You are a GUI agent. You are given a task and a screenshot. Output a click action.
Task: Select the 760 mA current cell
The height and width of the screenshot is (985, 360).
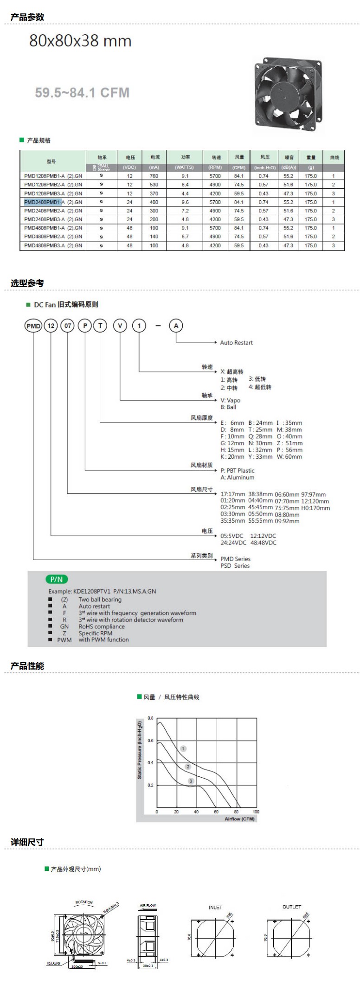[154, 176]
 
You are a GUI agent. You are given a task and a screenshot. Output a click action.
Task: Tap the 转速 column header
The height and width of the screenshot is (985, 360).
[216, 158]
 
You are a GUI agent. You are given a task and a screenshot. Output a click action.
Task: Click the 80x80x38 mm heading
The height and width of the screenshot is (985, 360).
[80, 41]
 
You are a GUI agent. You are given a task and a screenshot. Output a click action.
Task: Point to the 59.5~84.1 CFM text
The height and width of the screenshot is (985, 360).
[82, 93]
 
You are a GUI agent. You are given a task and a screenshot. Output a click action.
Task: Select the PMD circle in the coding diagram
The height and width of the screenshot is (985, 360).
[33, 326]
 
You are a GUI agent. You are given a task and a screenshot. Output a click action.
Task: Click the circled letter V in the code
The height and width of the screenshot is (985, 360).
[120, 326]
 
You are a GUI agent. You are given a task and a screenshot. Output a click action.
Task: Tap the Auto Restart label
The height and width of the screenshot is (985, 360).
[236, 343]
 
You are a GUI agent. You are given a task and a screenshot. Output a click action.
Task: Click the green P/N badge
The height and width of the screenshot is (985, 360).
[57, 579]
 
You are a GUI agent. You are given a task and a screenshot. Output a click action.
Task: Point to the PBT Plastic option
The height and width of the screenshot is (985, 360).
[238, 470]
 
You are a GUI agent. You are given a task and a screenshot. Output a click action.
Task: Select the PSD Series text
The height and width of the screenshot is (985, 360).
[235, 566]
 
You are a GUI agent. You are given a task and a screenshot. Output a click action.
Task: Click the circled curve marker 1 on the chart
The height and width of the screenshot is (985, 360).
[183, 748]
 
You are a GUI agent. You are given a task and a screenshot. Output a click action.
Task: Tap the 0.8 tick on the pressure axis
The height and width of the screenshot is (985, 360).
[150, 718]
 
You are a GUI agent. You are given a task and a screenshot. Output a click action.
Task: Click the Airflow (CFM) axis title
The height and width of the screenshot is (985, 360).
[239, 819]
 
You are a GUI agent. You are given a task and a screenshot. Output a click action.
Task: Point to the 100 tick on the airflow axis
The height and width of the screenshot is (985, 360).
[256, 812]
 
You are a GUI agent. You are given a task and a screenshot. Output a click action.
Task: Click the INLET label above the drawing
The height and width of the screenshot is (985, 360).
[215, 907]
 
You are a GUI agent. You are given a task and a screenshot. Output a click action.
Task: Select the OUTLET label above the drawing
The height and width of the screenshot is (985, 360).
[292, 907]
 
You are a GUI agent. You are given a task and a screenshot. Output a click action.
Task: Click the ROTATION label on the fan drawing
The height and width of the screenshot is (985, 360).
[84, 902]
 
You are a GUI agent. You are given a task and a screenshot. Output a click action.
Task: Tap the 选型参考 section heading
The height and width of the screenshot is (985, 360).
[27, 283]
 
